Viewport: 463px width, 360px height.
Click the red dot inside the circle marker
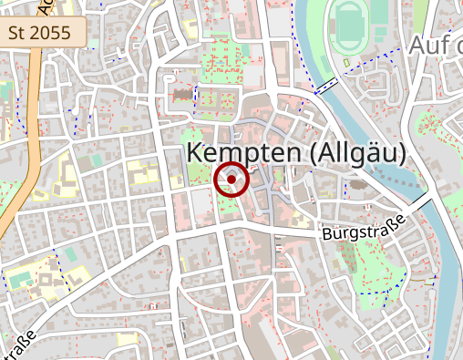click(232, 180)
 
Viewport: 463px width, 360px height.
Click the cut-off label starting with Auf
click(436, 45)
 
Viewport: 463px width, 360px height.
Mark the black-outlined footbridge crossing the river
click(325, 87)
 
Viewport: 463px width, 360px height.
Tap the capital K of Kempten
click(194, 153)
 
